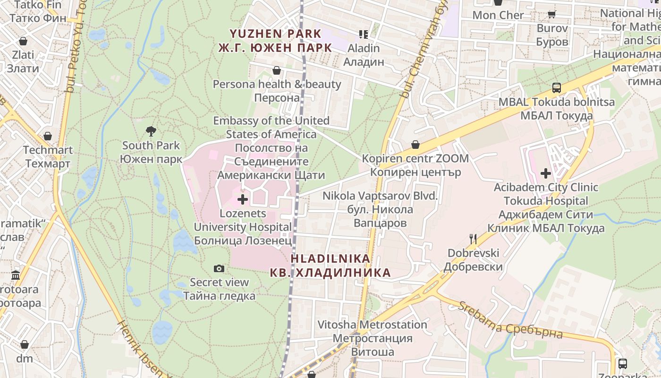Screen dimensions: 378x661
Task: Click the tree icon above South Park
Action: pos(151,131)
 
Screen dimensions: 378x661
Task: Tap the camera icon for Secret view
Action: pos(219,268)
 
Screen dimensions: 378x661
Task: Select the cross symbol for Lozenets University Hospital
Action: pos(243,199)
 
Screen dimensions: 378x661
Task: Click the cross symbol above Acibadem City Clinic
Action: pos(546,173)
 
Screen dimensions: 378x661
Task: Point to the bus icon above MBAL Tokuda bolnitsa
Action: pos(557,88)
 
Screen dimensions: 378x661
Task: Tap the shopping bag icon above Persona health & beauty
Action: pos(277,70)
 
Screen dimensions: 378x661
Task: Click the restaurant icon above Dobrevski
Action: pos(473,239)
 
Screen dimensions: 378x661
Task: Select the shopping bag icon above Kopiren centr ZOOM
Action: pos(415,144)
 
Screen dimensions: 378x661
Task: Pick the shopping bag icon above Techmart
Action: pos(48,136)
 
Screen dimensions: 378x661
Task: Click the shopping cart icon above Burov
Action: pos(551,14)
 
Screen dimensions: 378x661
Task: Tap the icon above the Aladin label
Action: pos(364,34)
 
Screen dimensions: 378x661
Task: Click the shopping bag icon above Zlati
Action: pos(23,41)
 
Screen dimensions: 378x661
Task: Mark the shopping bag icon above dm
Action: pos(25,344)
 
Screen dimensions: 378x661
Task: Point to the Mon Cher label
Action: pos(498,15)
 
